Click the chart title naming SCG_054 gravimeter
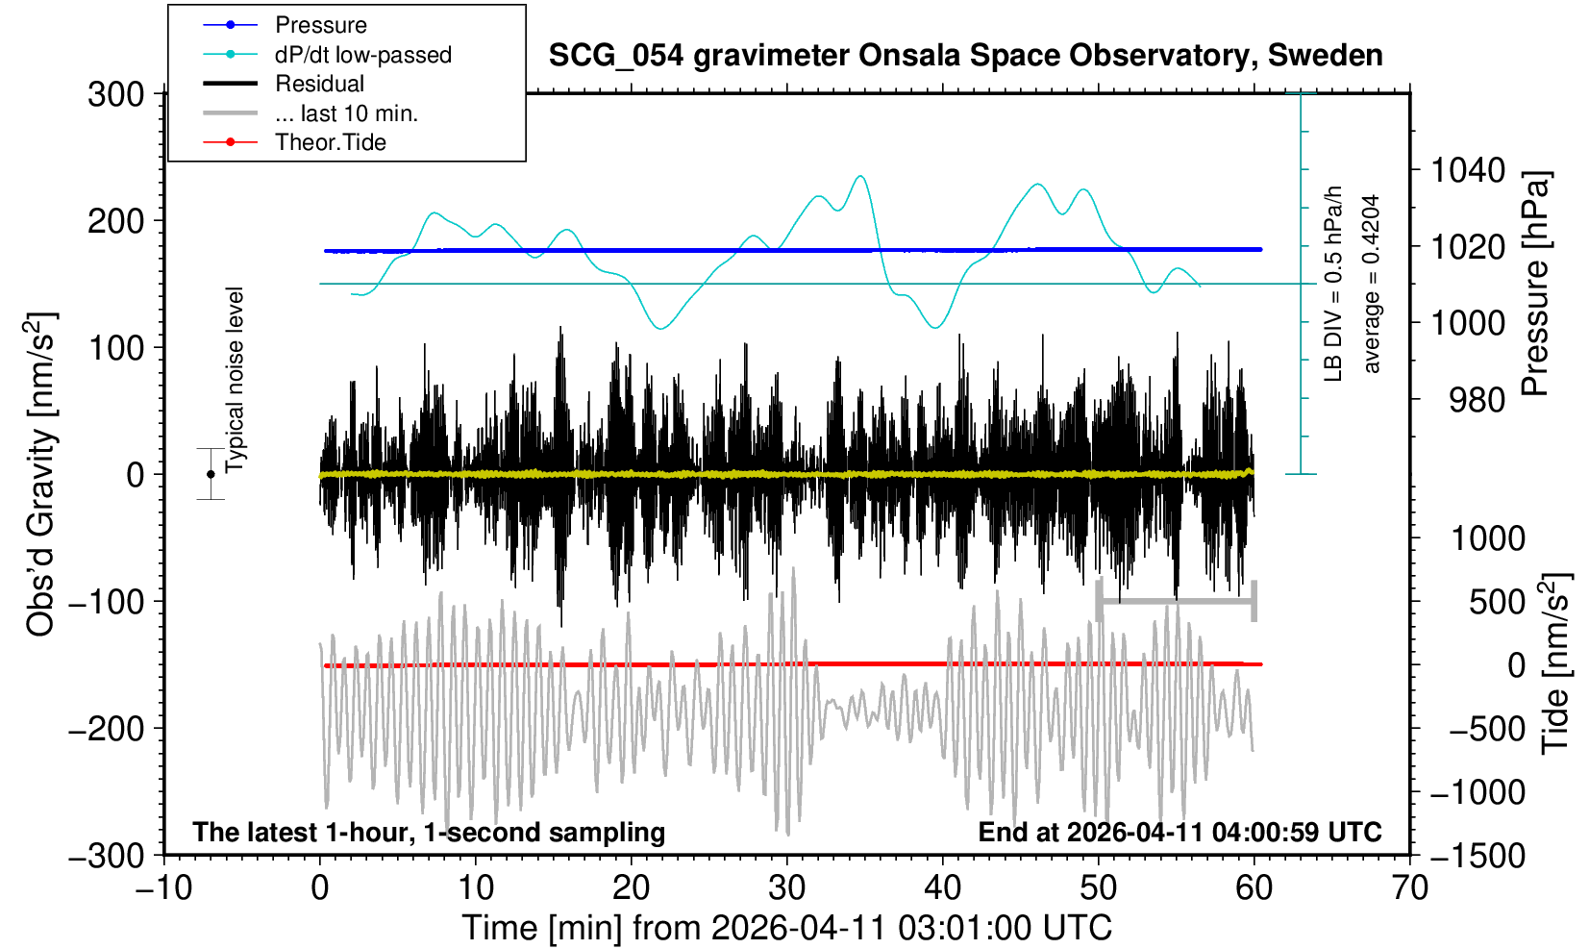[x=965, y=56]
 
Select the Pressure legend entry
[x=320, y=25]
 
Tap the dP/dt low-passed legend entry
[x=362, y=55]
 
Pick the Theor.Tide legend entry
[x=330, y=142]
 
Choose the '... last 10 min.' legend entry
[x=346, y=113]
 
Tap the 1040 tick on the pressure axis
[x=1468, y=171]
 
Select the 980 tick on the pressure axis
[x=1477, y=399]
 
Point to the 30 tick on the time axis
[x=787, y=887]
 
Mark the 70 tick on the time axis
[x=1410, y=887]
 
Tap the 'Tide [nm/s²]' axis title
[x=1555, y=663]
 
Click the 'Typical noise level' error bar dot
[x=211, y=474]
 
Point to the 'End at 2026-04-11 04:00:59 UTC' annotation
[x=1179, y=832]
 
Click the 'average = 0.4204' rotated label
[x=1372, y=284]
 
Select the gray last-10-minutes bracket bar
[x=1177, y=601]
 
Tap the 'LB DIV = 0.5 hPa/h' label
[x=1333, y=284]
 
